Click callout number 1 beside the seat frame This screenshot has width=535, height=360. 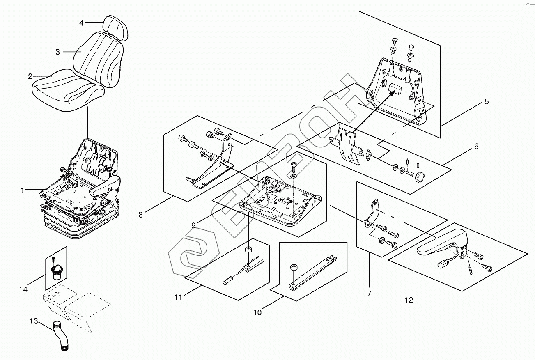[x=23, y=190]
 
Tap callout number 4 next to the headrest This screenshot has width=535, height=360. [x=81, y=23]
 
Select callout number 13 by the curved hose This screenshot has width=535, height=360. [x=34, y=321]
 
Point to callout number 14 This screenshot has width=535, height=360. [x=23, y=289]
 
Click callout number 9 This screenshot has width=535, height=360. [x=193, y=225]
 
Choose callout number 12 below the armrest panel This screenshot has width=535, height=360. [x=409, y=300]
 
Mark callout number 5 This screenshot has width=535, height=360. [x=487, y=101]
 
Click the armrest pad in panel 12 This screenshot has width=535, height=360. [x=442, y=243]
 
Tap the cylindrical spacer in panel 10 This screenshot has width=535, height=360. [x=294, y=268]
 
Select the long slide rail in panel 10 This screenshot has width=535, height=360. [x=312, y=274]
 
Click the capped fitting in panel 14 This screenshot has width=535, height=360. [x=57, y=273]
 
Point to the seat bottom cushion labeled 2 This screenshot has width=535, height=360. [x=68, y=90]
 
